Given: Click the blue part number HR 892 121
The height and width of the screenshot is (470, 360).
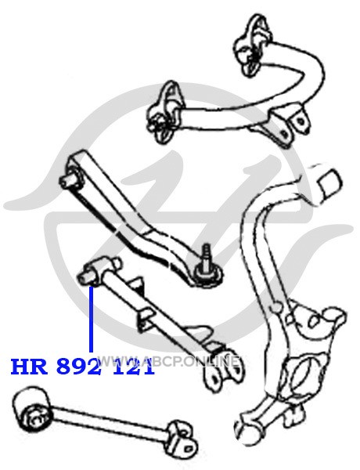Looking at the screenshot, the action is point(82,367).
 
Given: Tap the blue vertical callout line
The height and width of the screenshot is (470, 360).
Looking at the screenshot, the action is point(91,319).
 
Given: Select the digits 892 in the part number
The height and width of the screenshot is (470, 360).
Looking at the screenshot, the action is point(78,367).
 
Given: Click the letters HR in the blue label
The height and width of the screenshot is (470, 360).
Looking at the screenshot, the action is point(30,367).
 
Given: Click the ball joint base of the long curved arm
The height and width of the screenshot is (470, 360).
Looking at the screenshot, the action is point(208,273).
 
